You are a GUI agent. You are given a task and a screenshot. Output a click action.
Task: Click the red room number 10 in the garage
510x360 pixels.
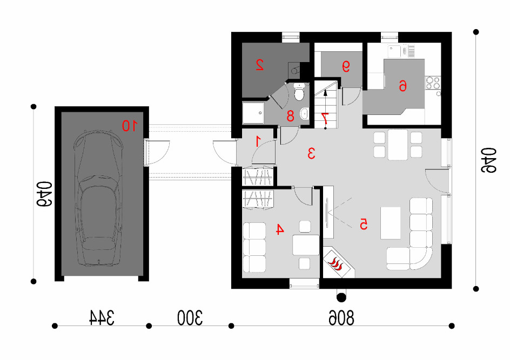(130, 125)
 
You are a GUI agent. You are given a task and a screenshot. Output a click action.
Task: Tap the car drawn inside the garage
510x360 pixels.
(98, 198)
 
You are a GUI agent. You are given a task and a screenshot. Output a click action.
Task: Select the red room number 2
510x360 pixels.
(259, 65)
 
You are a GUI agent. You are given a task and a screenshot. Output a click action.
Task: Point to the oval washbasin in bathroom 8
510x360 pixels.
(305, 113)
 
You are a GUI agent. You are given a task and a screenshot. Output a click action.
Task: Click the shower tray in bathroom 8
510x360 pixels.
(254, 113)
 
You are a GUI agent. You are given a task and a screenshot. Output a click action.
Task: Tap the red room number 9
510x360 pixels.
(346, 67)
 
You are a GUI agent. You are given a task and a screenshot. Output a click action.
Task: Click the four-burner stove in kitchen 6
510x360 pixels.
(433, 83)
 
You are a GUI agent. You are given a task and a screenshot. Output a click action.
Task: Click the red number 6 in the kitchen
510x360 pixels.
(402, 86)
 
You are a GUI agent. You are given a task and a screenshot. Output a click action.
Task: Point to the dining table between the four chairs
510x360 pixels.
(398, 145)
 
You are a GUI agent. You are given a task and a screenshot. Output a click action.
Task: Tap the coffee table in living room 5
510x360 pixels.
(391, 223)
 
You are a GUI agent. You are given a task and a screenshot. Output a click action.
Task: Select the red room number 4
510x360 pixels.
(279, 229)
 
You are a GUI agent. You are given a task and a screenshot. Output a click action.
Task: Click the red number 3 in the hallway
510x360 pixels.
(311, 153)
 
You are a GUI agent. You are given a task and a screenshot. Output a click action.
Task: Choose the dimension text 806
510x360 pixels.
(341, 318)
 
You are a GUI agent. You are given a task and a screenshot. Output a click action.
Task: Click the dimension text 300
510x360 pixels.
(190, 318)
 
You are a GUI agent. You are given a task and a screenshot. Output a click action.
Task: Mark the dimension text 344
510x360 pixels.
(102, 318)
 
